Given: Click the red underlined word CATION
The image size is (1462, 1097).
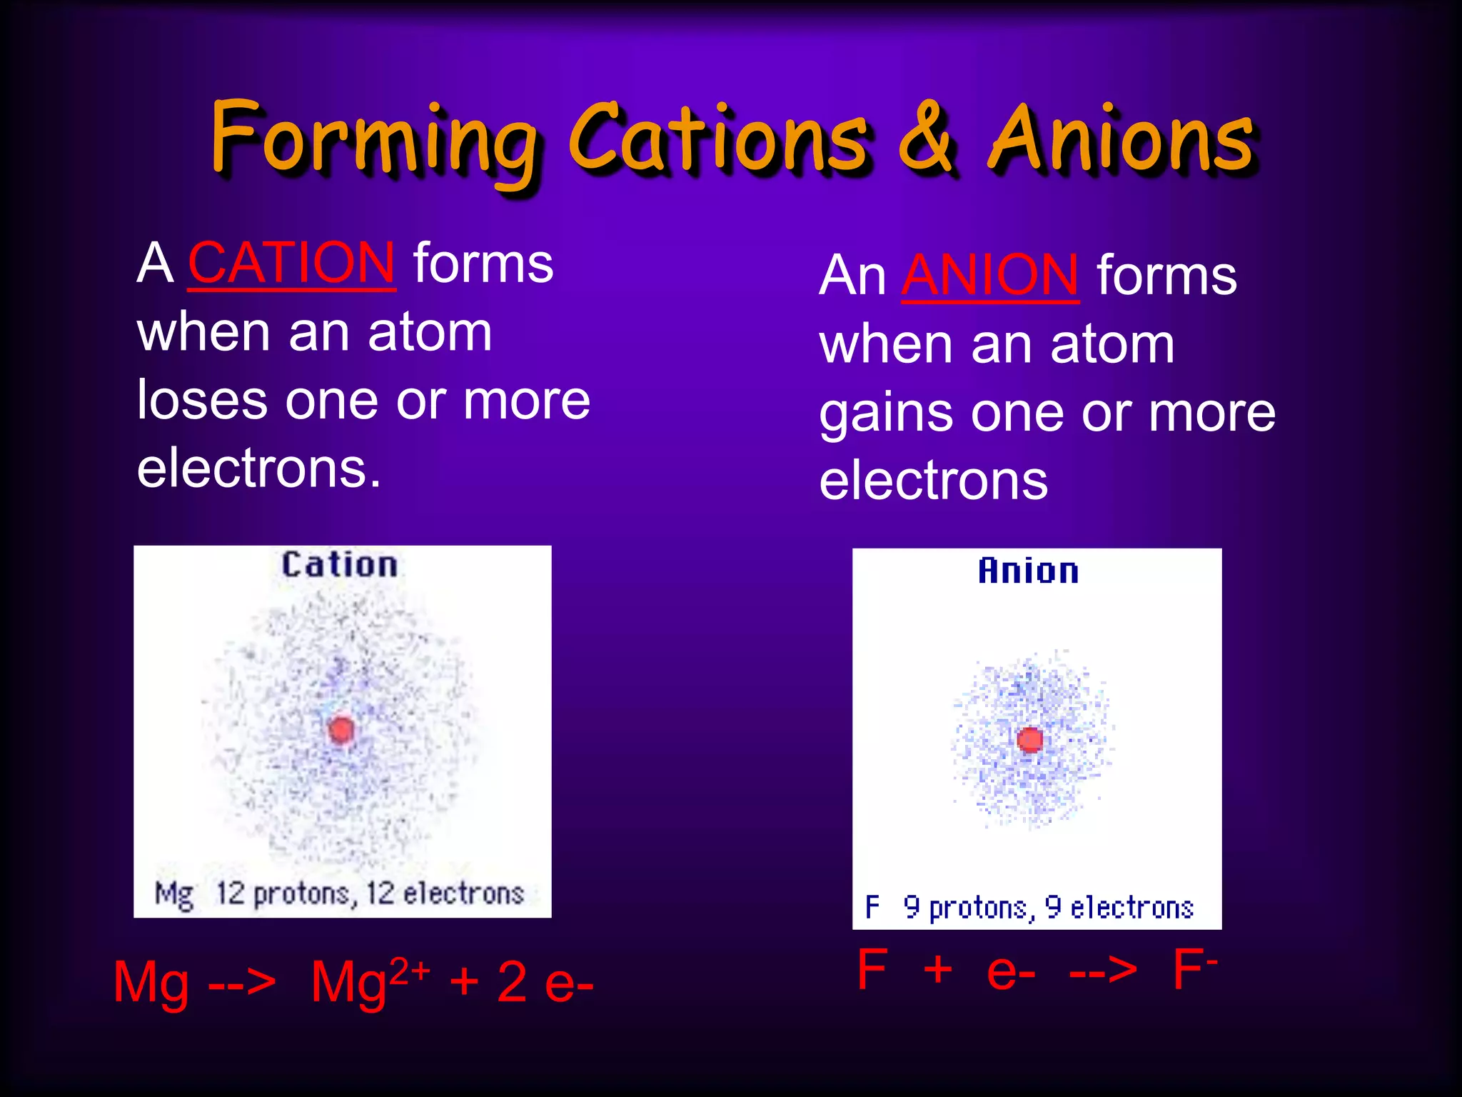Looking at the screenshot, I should click(291, 263).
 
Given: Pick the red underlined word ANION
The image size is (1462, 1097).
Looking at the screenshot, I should click(990, 275).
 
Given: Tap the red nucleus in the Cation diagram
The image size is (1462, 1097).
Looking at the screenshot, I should click(341, 730).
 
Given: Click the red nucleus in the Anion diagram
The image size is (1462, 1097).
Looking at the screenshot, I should click(1029, 740).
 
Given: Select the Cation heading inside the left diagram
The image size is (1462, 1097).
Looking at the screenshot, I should click(339, 565).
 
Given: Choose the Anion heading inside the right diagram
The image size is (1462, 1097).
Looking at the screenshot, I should click(1028, 571).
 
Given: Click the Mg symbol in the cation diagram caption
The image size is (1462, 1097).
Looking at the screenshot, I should click(174, 895).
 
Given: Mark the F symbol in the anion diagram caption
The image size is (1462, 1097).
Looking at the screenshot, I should click(872, 907).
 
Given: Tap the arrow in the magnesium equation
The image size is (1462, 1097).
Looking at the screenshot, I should click(242, 983).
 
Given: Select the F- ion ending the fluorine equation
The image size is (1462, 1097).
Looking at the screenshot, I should click(1194, 969).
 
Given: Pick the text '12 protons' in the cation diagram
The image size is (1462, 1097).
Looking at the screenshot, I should click(283, 893).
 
